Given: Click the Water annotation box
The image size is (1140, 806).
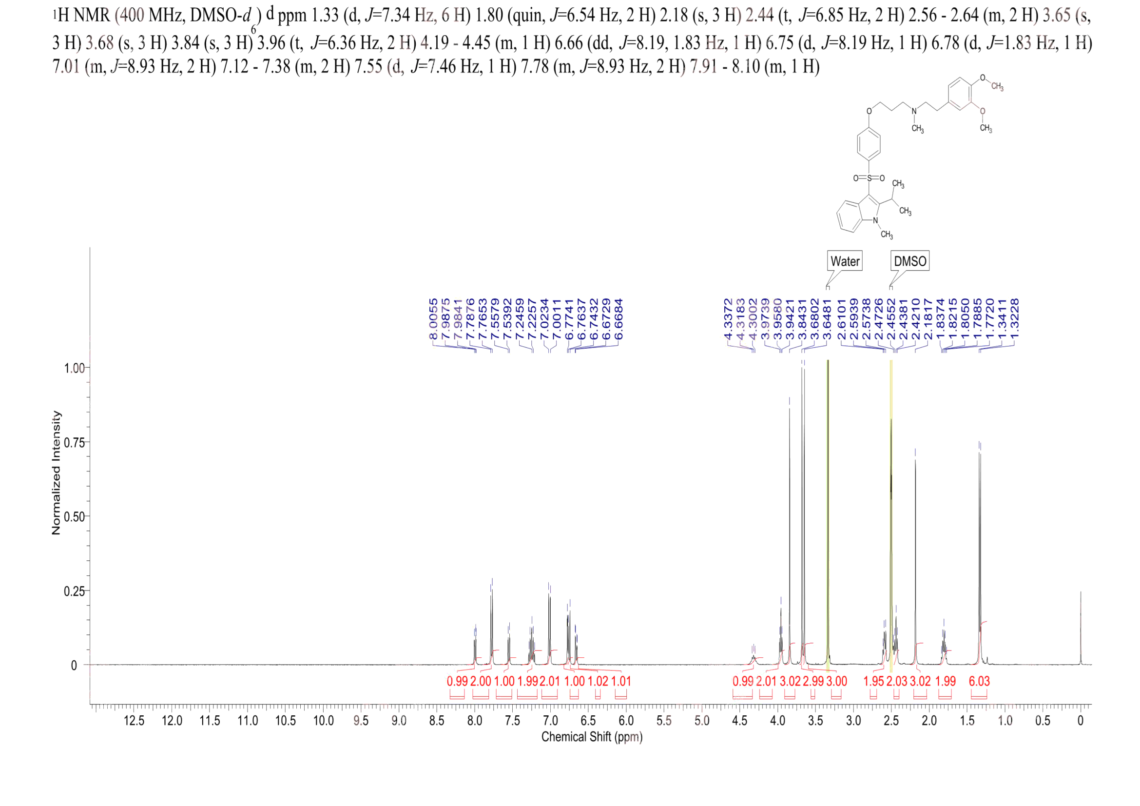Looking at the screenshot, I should tap(845, 261).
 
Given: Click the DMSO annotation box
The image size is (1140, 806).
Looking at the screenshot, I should tap(909, 261).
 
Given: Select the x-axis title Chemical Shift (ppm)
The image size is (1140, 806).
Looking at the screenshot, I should tap(591, 737).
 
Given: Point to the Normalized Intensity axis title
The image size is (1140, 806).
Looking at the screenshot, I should tap(56, 473).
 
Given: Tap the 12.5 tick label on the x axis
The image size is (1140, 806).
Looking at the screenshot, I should tap(134, 721).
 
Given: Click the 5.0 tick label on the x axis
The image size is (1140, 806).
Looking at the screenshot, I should tap(701, 721).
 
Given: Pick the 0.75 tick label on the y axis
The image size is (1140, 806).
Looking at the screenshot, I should tap(75, 442).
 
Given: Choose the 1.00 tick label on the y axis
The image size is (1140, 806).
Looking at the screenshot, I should tap(75, 368).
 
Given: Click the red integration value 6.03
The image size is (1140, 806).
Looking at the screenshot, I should tap(979, 681).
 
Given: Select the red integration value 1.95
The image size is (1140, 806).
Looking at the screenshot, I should tap(874, 681).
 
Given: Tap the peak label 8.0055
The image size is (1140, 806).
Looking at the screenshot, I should tap(433, 319).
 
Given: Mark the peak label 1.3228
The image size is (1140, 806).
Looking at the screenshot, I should tap(1015, 319).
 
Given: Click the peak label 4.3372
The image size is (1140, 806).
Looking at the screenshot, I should tap(728, 319).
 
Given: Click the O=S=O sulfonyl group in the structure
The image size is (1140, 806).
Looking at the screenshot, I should tap(869, 178).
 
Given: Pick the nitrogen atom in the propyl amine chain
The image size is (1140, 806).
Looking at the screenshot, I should tap(914, 111).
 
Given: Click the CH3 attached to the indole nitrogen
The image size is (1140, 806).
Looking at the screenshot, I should tap(887, 235).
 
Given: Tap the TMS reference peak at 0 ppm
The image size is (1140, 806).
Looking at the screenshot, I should tap(1081, 630).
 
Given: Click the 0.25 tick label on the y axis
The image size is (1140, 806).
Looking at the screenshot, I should tap(75, 591).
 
